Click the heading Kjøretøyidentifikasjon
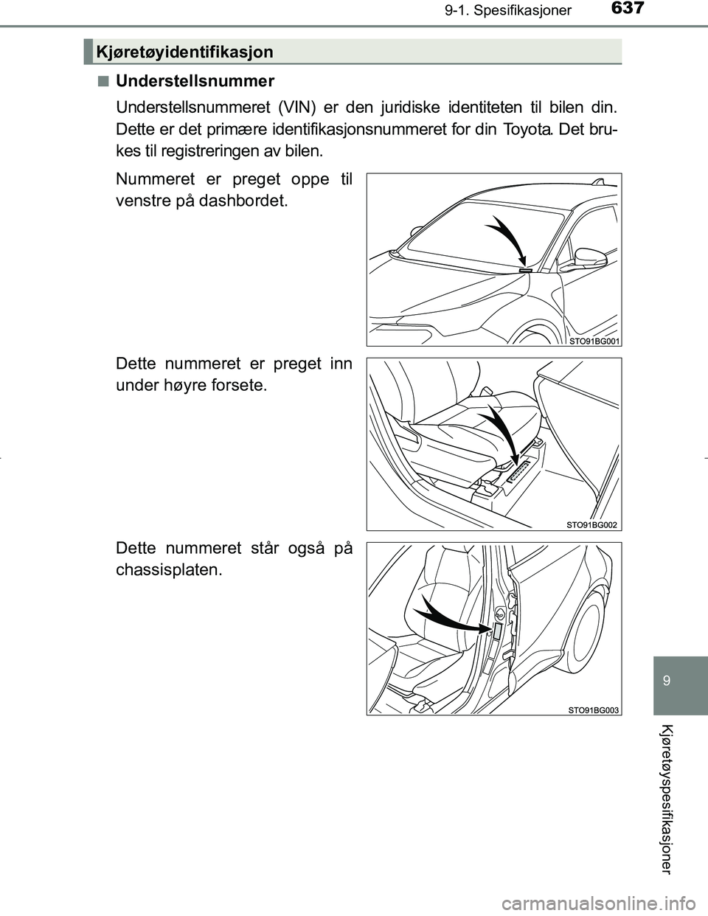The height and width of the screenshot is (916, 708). (185, 51)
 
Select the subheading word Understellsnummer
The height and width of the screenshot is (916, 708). (195, 80)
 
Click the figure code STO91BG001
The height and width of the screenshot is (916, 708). (594, 341)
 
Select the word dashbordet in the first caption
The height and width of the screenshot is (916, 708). (242, 201)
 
